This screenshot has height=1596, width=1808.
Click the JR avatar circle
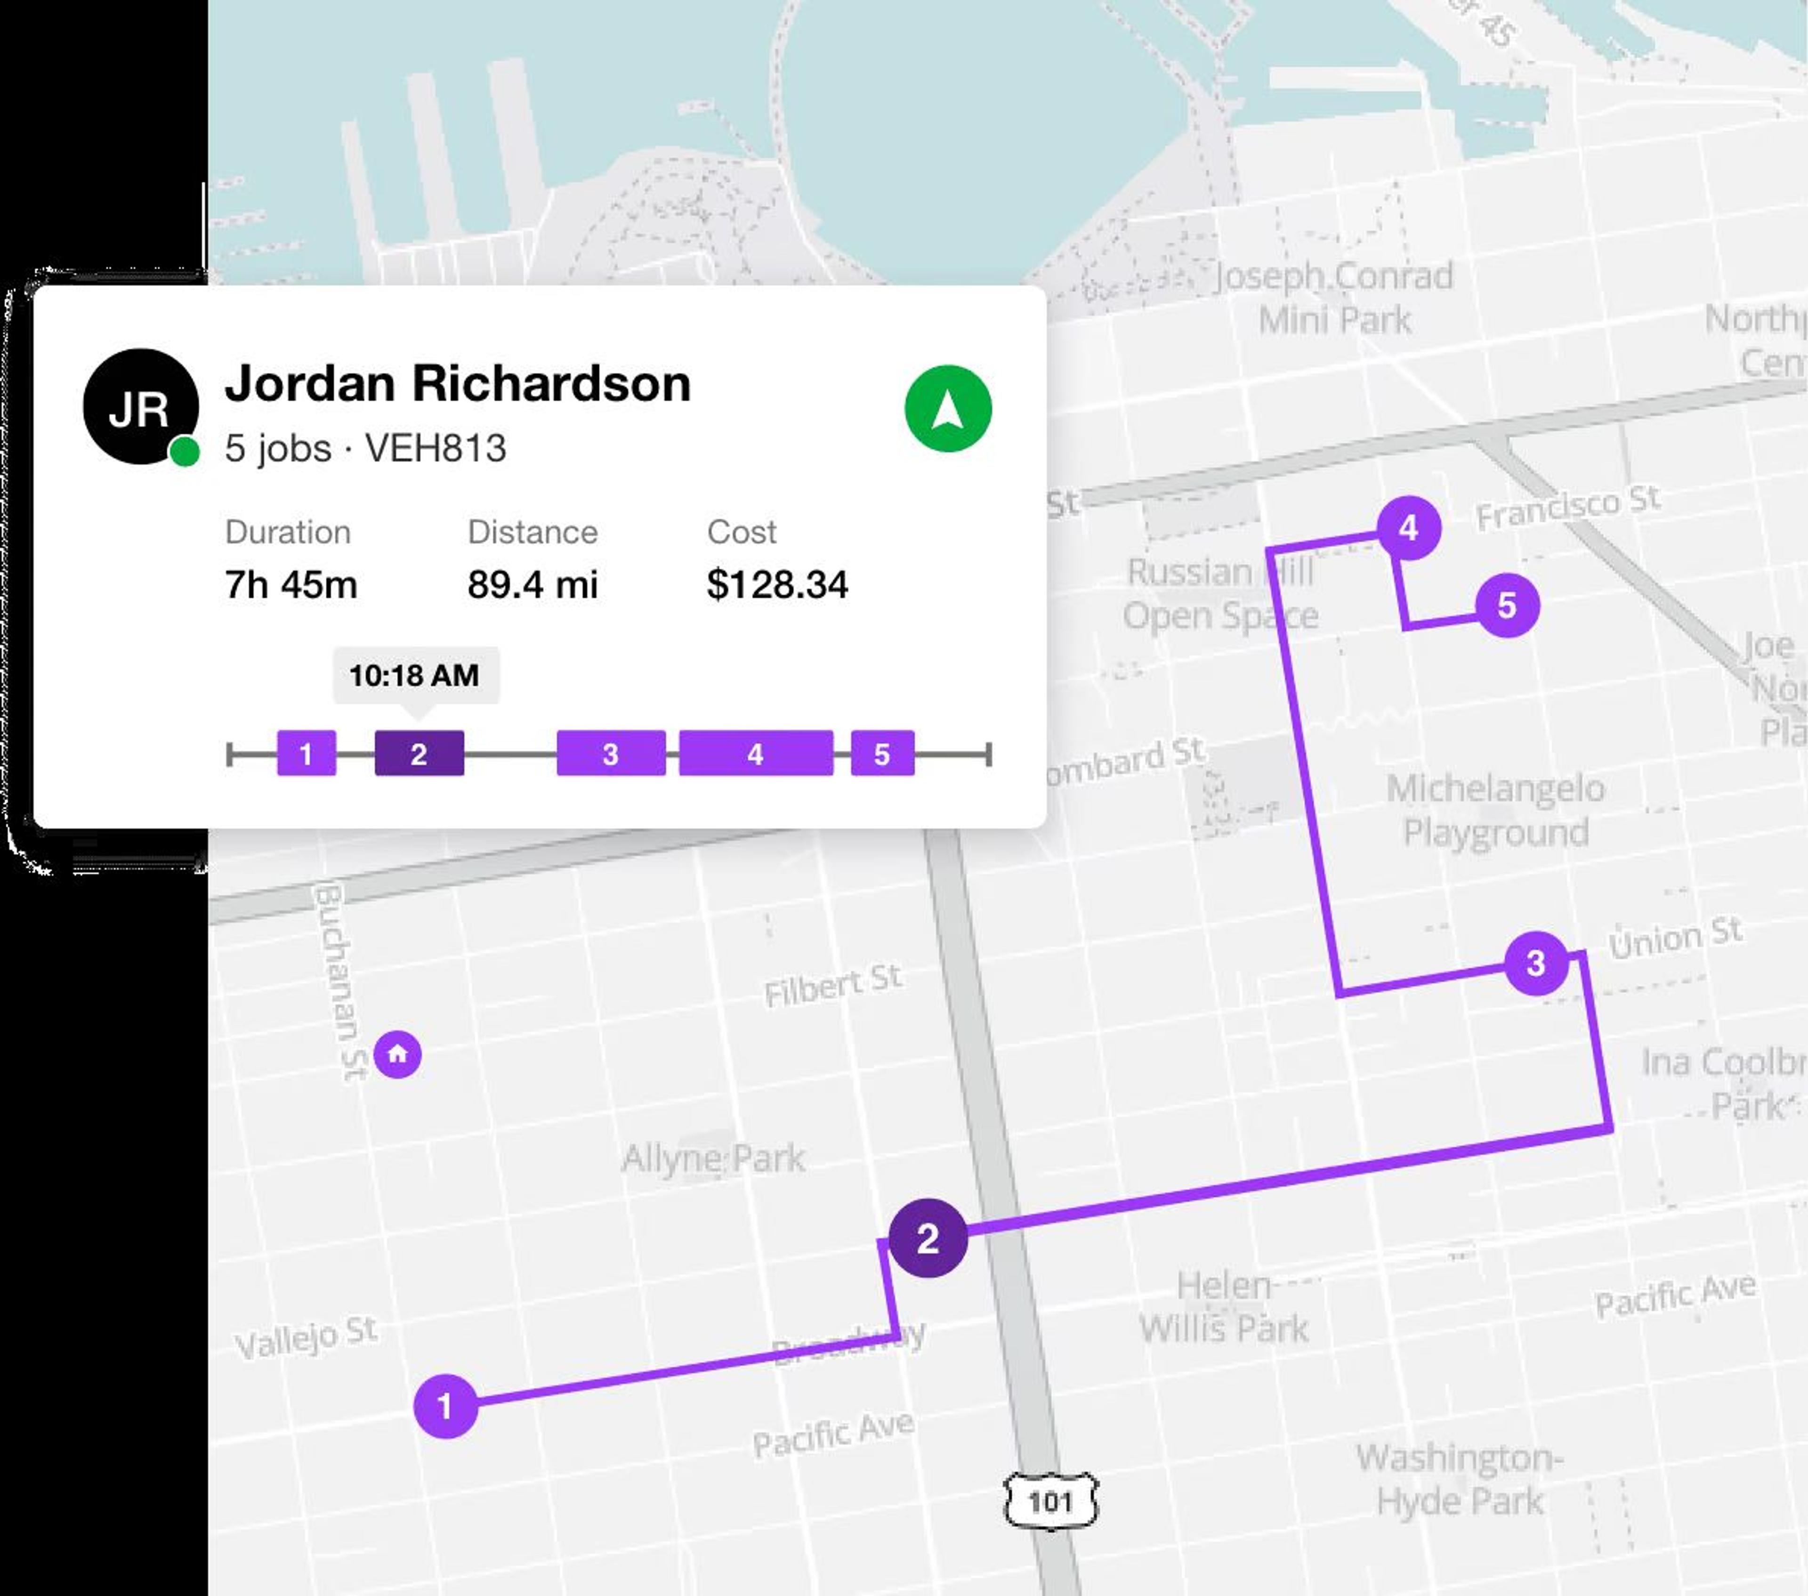click(x=140, y=407)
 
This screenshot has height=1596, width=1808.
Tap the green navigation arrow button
click(x=947, y=409)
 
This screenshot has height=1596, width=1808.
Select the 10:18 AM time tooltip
click(x=415, y=675)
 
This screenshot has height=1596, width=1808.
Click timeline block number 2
click(x=419, y=754)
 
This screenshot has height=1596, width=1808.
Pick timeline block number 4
click(x=755, y=754)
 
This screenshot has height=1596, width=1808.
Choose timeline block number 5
click(x=882, y=754)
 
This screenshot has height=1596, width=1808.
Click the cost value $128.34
click(x=776, y=585)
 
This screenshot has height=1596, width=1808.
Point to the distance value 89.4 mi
click(x=533, y=585)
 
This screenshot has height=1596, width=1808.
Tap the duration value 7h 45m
click(x=291, y=585)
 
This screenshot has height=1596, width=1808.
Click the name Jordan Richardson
click(x=457, y=384)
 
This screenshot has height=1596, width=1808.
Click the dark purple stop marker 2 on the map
click(x=927, y=1238)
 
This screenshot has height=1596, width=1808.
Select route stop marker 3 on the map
click(x=1535, y=963)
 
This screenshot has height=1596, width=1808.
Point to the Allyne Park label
click(x=713, y=1158)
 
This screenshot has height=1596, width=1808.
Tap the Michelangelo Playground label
click(x=1495, y=810)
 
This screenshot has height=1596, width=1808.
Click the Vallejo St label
click(x=306, y=1337)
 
